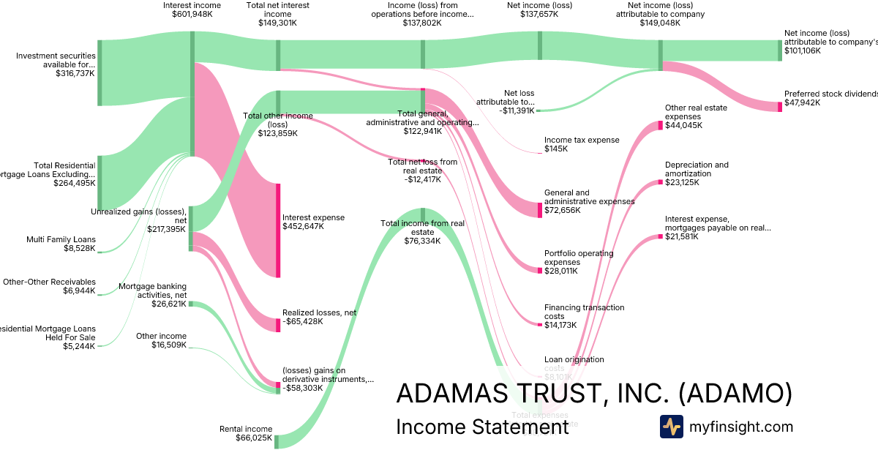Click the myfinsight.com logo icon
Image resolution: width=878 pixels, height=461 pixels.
(671, 427)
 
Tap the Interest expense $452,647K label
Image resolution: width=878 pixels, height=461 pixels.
(313, 222)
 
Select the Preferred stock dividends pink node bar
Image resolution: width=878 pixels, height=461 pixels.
(779, 107)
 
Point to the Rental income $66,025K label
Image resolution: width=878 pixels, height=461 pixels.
(246, 434)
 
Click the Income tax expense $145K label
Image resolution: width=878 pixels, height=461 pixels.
(582, 144)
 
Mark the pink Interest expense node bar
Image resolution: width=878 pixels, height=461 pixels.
(278, 230)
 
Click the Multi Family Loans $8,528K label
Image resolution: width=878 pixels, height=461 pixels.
(61, 244)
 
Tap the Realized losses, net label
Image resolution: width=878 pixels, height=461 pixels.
(319, 317)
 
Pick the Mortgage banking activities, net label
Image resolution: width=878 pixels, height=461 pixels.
(152, 291)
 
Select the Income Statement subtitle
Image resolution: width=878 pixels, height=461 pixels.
(481, 427)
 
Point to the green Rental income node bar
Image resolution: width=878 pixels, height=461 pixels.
(277, 441)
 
